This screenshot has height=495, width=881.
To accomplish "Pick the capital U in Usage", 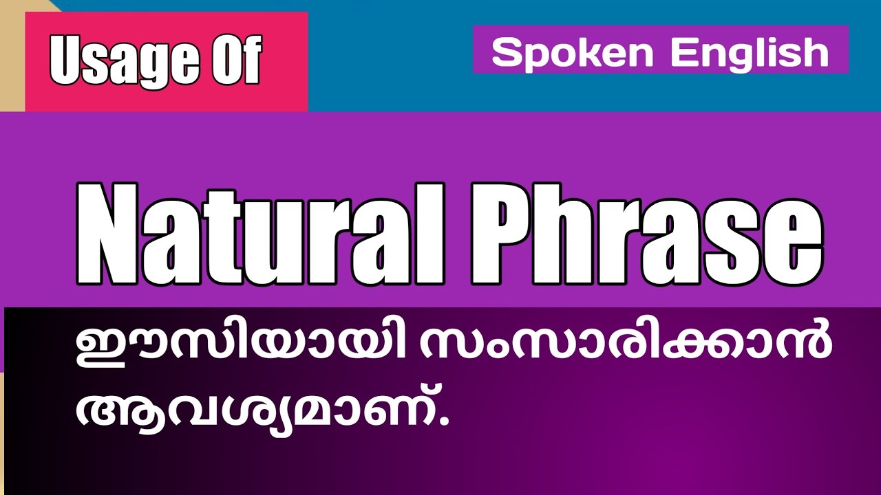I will pyautogui.click(x=66, y=60).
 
